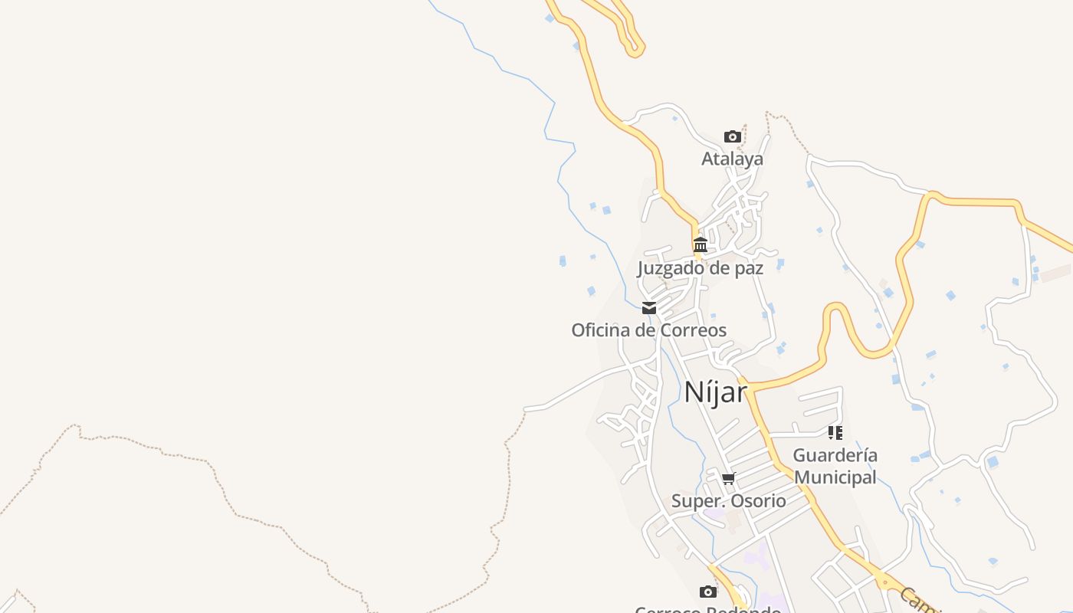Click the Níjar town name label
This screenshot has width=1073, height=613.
pyautogui.click(x=715, y=392)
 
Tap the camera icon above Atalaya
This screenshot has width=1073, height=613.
pyautogui.click(x=733, y=137)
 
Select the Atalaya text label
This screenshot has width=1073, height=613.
pyautogui.click(x=733, y=159)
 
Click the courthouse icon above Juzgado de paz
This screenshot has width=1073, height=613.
pyautogui.click(x=701, y=245)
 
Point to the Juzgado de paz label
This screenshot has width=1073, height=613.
pyautogui.click(x=701, y=268)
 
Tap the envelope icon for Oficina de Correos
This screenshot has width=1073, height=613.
pyautogui.click(x=649, y=308)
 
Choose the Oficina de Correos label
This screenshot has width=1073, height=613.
pyautogui.click(x=648, y=330)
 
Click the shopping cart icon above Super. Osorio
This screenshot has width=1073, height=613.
pyautogui.click(x=729, y=479)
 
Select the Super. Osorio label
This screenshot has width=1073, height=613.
pyautogui.click(x=729, y=501)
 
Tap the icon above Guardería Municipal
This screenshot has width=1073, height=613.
pyautogui.click(x=835, y=433)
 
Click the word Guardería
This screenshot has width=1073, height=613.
pyautogui.click(x=835, y=455)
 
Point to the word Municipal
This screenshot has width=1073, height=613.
pyautogui.click(x=835, y=477)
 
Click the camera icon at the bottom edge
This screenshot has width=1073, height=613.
pyautogui.click(x=708, y=592)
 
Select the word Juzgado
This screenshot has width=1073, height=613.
pyautogui.click(x=671, y=268)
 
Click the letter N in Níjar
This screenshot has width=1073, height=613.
pyautogui.click(x=693, y=392)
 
